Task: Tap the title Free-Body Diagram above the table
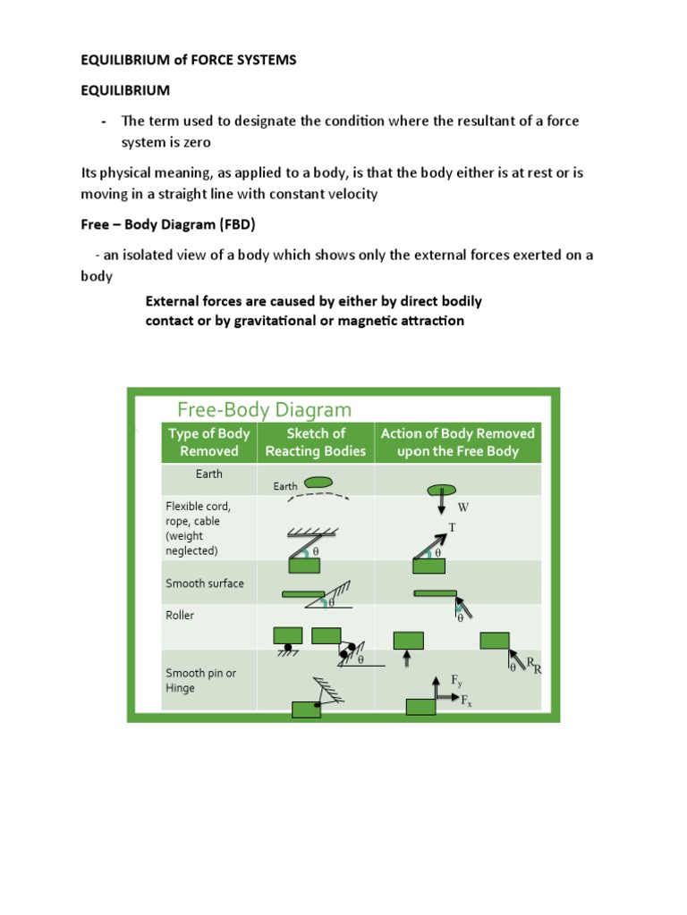pyautogui.click(x=264, y=409)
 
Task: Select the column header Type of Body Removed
pyautogui.click(x=209, y=442)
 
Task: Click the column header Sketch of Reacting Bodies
pyautogui.click(x=315, y=442)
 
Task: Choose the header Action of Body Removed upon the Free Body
pyautogui.click(x=457, y=442)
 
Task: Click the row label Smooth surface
pyautogui.click(x=204, y=583)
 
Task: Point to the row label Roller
pyautogui.click(x=180, y=616)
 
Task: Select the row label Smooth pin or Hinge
pyautogui.click(x=200, y=681)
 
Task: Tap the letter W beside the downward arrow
pyautogui.click(x=463, y=508)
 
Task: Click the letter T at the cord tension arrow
pyautogui.click(x=452, y=527)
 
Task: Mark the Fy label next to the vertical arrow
pyautogui.click(x=457, y=681)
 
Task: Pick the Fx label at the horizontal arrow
pyautogui.click(x=466, y=702)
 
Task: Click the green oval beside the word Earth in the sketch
pyautogui.click(x=318, y=483)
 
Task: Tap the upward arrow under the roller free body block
pyautogui.click(x=408, y=659)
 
